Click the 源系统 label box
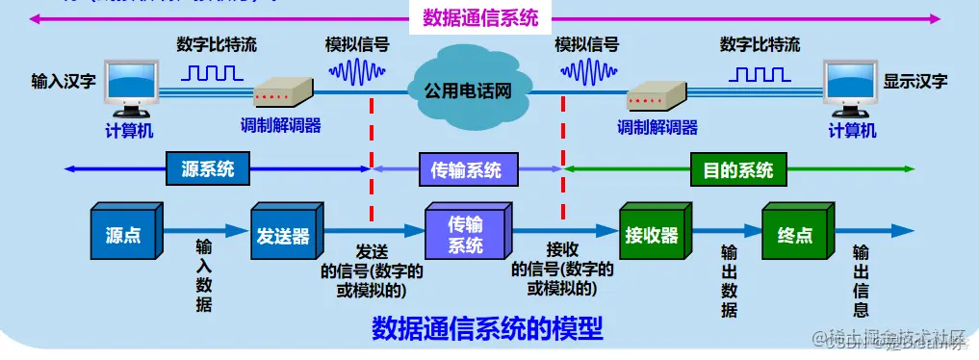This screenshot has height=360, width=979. [x=207, y=170]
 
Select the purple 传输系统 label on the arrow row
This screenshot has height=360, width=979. [x=467, y=170]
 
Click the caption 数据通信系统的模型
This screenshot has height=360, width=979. [x=487, y=329]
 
